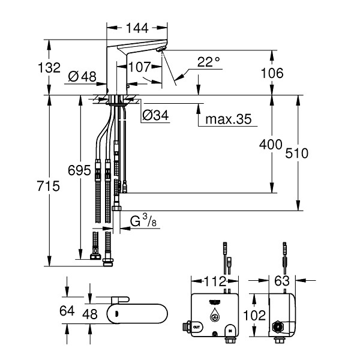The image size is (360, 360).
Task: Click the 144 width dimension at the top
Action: pyautogui.click(x=137, y=28)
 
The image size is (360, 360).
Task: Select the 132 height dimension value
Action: pyautogui.click(x=49, y=67)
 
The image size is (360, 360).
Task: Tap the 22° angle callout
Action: pyautogui.click(x=208, y=62)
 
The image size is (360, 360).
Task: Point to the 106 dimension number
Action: pyautogui.click(x=272, y=73)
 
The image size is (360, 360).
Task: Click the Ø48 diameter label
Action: pyautogui.click(x=82, y=76)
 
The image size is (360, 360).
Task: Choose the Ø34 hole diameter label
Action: pyautogui.click(x=155, y=115)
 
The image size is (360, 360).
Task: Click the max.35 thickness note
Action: pyautogui.click(x=228, y=119)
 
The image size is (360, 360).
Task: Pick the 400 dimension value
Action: pyautogui.click(x=271, y=145)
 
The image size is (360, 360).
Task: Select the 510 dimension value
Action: pyautogui.click(x=296, y=154)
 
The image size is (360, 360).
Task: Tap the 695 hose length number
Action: pyautogui.click(x=79, y=170)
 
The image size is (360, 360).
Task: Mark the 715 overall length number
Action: pyautogui.click(x=49, y=186)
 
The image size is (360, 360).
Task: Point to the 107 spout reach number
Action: pyautogui.click(x=140, y=67)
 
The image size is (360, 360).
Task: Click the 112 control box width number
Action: pyautogui.click(x=215, y=281)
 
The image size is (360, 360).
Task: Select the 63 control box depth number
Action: pyautogui.click(x=282, y=281)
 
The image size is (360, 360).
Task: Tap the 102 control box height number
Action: pyautogui.click(x=254, y=315)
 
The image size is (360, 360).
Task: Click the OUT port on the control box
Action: pyautogui.click(x=197, y=326)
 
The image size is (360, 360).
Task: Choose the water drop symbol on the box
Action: pyautogui.click(x=215, y=315)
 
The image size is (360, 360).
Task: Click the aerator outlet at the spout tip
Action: pyautogui.click(x=161, y=49)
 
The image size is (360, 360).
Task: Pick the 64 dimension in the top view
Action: pyautogui.click(x=67, y=311)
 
